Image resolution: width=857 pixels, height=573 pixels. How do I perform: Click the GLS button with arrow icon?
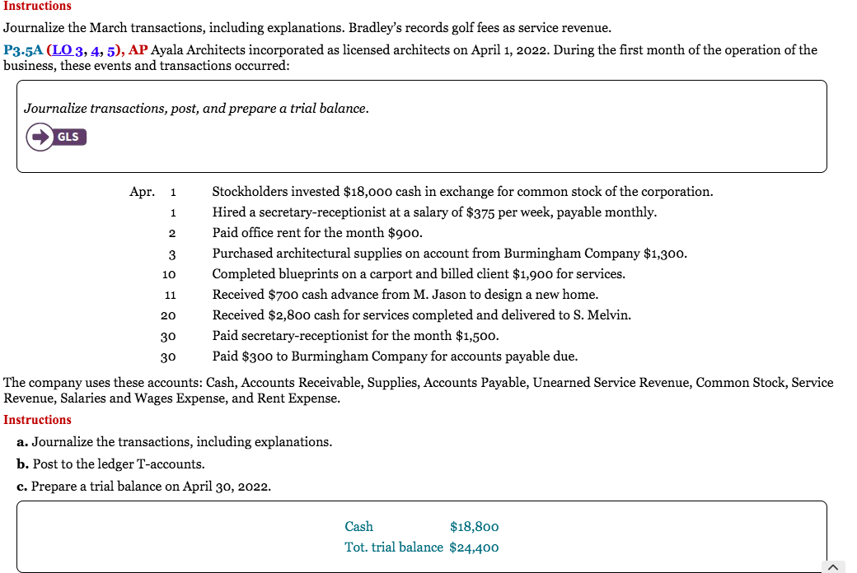56,137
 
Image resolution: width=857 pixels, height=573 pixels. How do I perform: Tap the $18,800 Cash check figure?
474,527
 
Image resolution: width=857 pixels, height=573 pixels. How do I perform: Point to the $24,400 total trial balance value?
474,547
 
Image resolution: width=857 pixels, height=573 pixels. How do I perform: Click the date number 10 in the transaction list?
169,274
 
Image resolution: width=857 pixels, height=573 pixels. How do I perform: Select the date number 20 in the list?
169,315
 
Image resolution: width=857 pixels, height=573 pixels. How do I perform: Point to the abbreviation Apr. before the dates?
142,192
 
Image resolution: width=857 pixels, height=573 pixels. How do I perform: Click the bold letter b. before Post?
22,464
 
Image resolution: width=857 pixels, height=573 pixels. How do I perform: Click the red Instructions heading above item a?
37,420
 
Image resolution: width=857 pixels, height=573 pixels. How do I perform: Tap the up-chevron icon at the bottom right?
833,566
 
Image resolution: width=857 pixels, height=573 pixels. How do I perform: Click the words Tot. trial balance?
394,547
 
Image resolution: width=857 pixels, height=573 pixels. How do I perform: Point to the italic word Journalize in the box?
55,109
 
